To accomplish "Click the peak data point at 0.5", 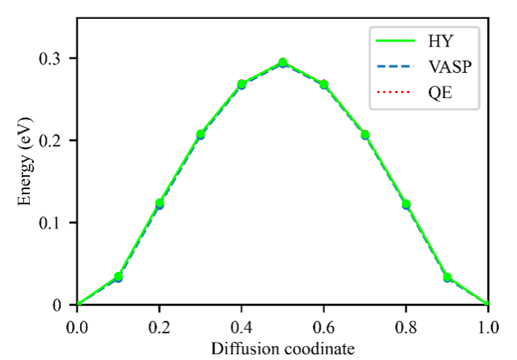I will [283, 63].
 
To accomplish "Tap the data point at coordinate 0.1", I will [118, 277].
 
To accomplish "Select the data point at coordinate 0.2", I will [159, 204].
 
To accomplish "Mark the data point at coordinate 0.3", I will [201, 135].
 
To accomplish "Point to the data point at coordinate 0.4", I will [241, 84].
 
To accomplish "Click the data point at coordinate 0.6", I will [324, 84].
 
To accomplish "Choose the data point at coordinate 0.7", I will [365, 135].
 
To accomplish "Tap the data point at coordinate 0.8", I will [406, 204].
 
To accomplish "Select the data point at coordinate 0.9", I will [447, 277].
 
